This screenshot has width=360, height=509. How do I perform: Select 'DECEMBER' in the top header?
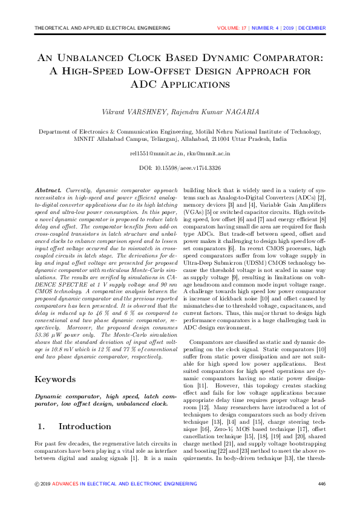pyautogui.click(x=312, y=28)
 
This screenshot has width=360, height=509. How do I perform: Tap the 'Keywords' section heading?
pyautogui.click(x=56, y=379)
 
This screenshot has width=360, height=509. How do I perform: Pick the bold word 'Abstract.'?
pyautogui.click(x=49, y=190)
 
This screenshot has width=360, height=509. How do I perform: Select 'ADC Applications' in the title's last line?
pyautogui.click(x=180, y=85)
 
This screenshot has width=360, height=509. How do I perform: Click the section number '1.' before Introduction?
pyautogui.click(x=41, y=426)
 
